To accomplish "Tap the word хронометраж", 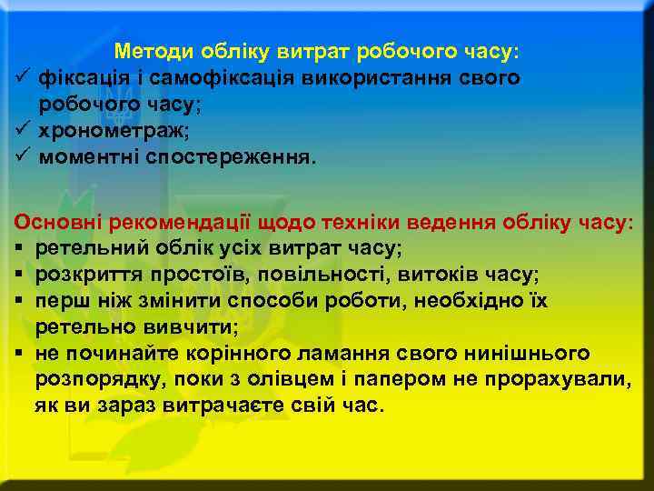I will tap(111, 131).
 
